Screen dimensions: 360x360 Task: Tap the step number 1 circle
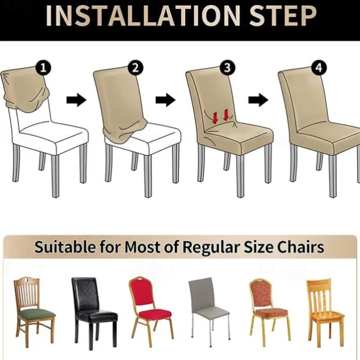click(44, 68)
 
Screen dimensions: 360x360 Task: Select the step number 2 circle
click(136, 68)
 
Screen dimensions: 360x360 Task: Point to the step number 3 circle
click(227, 68)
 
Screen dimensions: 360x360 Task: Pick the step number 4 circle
click(319, 68)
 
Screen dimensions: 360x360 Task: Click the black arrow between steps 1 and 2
click(77, 100)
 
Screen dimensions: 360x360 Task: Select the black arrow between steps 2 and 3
click(165, 100)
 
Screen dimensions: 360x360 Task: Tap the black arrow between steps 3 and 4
click(258, 100)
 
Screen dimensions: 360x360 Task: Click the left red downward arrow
click(215, 118)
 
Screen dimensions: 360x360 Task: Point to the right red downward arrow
click(226, 115)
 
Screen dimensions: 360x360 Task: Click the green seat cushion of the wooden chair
click(37, 314)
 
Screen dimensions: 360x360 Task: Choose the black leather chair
click(94, 310)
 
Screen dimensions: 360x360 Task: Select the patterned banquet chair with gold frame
click(269, 310)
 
